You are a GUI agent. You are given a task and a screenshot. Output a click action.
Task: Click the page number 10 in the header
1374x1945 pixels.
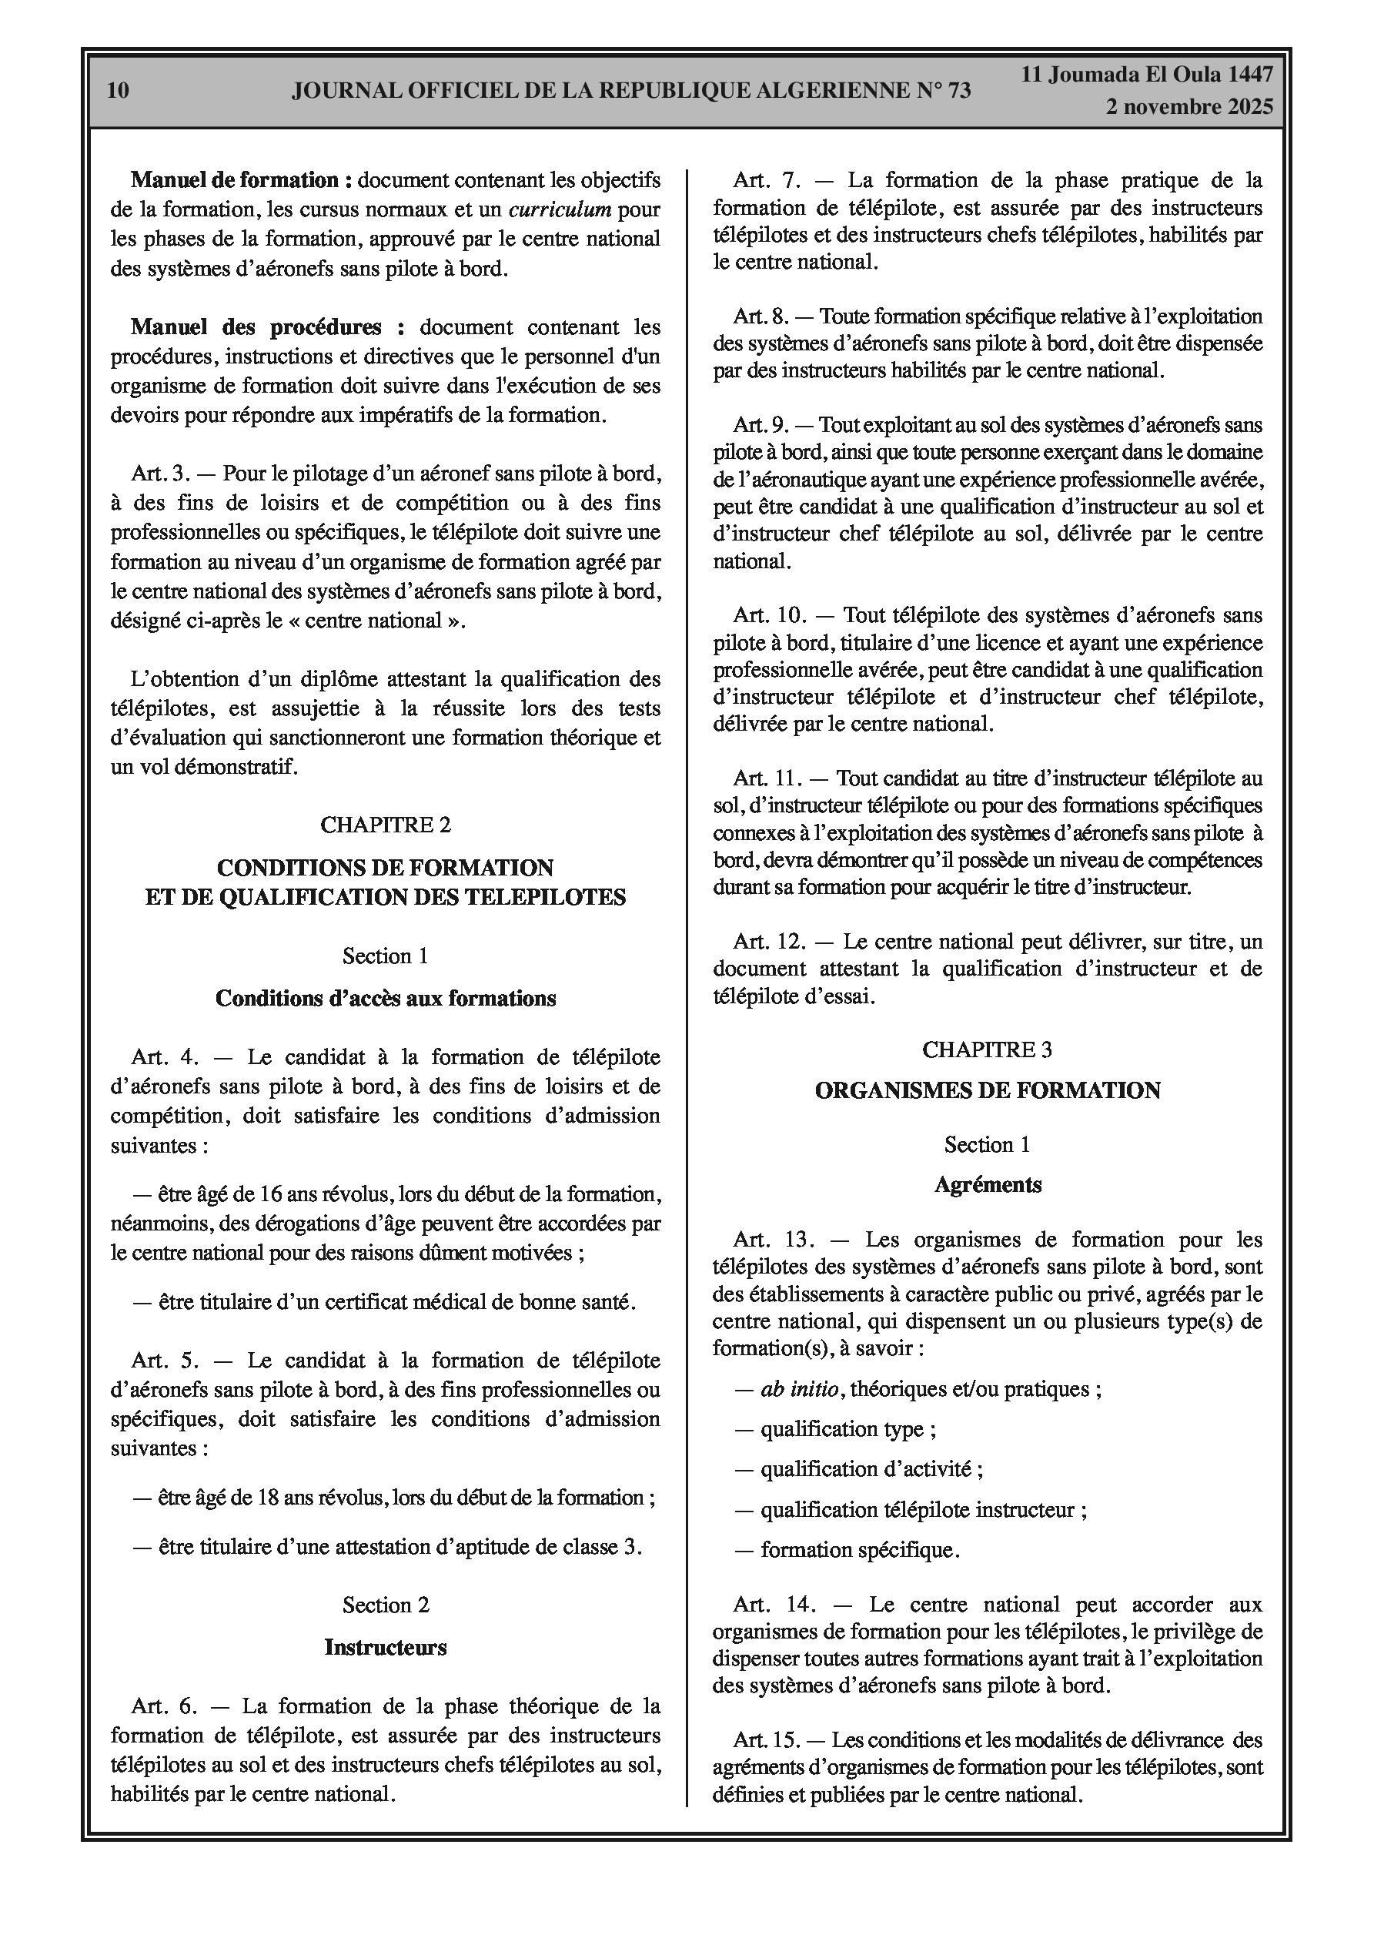click(x=119, y=91)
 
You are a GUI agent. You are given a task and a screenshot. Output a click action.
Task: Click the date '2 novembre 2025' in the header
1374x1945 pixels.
click(x=1188, y=107)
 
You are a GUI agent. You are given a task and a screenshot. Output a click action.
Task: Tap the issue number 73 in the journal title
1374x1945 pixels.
click(x=958, y=91)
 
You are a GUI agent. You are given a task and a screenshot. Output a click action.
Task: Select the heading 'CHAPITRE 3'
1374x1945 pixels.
click(x=987, y=1049)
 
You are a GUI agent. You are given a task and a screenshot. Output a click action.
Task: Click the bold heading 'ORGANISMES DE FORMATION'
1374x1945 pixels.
click(x=987, y=1090)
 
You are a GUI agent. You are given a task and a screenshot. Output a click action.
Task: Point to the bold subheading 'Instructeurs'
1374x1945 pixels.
click(x=386, y=1647)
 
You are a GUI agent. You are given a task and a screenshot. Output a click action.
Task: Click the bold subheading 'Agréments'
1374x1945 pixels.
click(x=988, y=1184)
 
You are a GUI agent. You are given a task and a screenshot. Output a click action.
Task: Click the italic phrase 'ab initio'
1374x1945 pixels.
click(x=800, y=1388)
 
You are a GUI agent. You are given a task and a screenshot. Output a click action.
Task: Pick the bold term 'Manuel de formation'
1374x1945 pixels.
click(x=235, y=179)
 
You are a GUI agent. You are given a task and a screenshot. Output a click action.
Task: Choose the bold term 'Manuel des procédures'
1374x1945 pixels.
click(x=256, y=327)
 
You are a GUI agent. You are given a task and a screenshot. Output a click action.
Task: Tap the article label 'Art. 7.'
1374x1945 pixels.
click(x=762, y=179)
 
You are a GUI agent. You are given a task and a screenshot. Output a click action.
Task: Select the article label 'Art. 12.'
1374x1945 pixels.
click(x=767, y=941)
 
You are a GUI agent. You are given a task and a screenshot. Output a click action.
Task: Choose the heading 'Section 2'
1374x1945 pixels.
click(x=386, y=1605)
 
